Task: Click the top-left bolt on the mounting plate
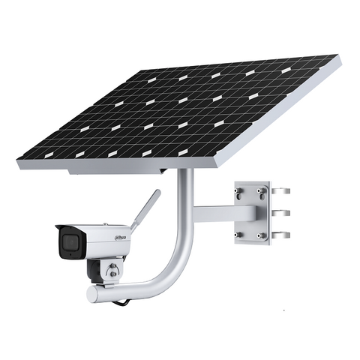239,192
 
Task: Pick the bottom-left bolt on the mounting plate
240,235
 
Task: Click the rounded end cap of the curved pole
91,294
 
